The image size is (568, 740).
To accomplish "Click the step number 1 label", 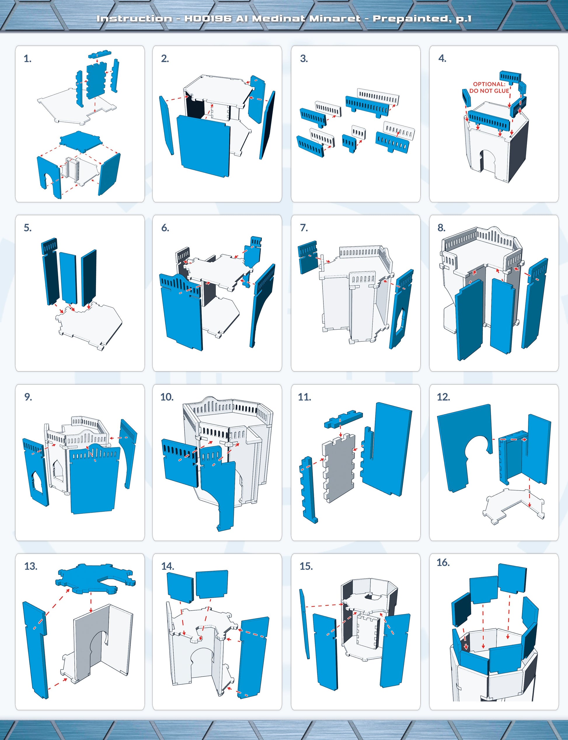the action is coord(27,59).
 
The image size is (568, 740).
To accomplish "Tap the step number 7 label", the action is coord(304,228).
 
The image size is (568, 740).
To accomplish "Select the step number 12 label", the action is coord(443,397).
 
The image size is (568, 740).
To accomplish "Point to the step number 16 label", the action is coord(443,563).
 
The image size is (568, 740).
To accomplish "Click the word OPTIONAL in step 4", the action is coord(489,84).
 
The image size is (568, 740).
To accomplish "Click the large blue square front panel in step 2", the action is coord(203,146).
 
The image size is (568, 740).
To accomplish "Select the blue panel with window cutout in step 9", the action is coord(36,471).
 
